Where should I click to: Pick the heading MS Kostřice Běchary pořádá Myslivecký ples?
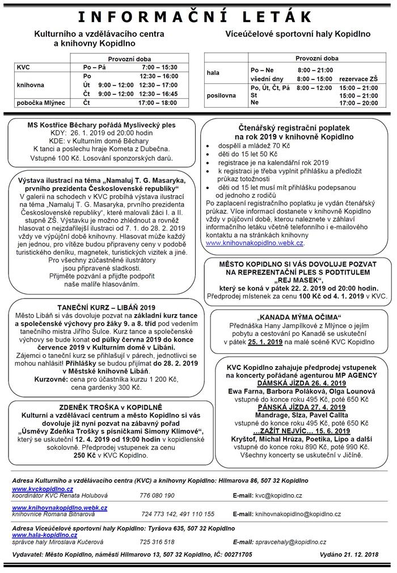pyautogui.click(x=102, y=125)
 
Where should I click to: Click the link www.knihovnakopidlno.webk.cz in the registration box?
pyautogui.click(x=255, y=242)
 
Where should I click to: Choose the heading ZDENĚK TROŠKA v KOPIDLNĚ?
pyautogui.click(x=102, y=407)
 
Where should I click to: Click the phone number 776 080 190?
pyautogui.click(x=157, y=495)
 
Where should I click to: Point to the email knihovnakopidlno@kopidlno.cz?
pyautogui.click(x=298, y=514)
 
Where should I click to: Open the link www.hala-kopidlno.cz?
pyautogui.click(x=44, y=534)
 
